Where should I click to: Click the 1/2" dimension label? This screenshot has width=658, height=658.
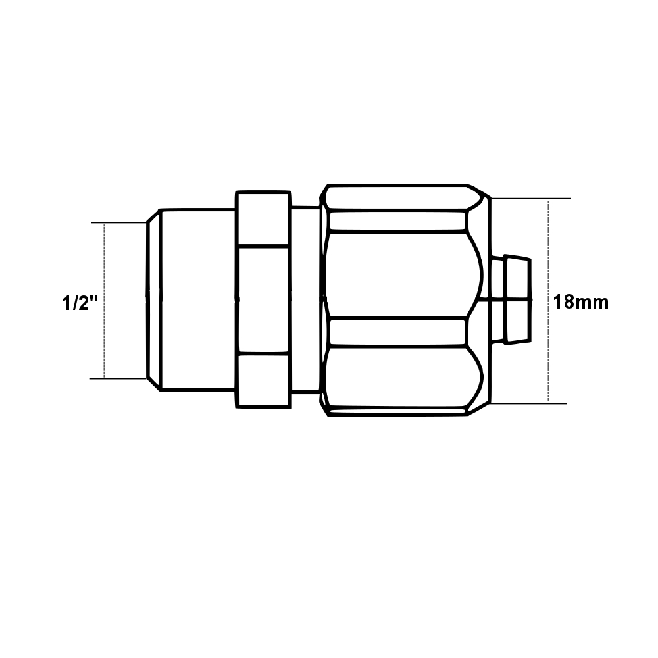click(x=80, y=303)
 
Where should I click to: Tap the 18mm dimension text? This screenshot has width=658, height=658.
click(x=580, y=303)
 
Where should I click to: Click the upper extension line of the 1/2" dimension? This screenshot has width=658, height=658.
click(x=118, y=223)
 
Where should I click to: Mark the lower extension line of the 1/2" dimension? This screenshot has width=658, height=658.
click(x=118, y=378)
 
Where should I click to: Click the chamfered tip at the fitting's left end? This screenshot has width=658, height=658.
click(x=152, y=300)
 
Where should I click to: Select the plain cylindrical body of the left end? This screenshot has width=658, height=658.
click(x=197, y=300)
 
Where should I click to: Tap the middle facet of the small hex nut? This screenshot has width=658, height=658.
click(x=263, y=300)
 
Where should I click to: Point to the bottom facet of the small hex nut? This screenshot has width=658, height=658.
click(x=263, y=380)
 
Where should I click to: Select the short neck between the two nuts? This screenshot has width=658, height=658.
click(x=305, y=300)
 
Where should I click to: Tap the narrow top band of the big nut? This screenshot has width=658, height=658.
click(x=398, y=220)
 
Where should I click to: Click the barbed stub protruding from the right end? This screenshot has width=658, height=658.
click(x=512, y=300)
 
